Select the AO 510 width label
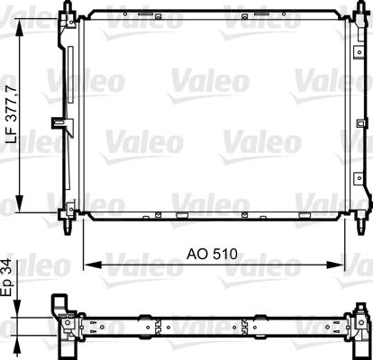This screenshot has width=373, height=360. [212, 254]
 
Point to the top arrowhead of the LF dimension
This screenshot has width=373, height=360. [19, 30]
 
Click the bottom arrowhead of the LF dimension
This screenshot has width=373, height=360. [19, 203]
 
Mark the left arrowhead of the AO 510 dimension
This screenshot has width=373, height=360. [93, 265]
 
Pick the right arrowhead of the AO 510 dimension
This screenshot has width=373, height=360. [335, 265]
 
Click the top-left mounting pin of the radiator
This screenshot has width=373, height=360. [68, 7]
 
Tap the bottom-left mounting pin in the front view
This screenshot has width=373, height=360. [68, 227]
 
